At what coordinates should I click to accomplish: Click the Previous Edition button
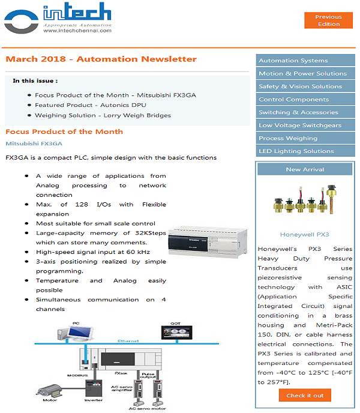(x=328, y=20)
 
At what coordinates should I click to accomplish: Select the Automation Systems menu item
(x=305, y=61)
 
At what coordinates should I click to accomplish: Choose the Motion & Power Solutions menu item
(x=305, y=74)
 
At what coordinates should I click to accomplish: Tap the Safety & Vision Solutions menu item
(x=305, y=86)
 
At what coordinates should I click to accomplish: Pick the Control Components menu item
(x=305, y=100)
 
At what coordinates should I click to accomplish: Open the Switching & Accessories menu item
(x=305, y=112)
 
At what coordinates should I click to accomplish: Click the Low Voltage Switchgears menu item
(x=305, y=125)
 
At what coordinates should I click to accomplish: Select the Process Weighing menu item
(x=305, y=138)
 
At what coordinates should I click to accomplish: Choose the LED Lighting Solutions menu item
(x=305, y=151)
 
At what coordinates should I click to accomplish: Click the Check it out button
(x=305, y=396)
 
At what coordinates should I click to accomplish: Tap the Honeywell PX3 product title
(x=305, y=235)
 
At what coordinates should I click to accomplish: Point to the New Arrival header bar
(x=305, y=169)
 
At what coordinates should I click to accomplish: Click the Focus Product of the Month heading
(x=64, y=131)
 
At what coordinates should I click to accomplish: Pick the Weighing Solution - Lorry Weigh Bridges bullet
(x=103, y=115)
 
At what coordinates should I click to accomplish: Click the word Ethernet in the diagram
(x=127, y=340)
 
